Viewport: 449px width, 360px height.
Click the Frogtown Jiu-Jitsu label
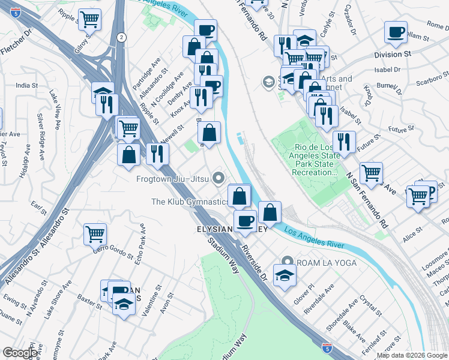pos(172,178)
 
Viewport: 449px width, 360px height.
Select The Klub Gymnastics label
pos(188,202)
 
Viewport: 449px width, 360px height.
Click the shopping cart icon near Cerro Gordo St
pos(95,234)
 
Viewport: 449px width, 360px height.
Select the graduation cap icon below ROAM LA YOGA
pos(285,275)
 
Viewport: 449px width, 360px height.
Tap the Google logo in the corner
pos(20,353)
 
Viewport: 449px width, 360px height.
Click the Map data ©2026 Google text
pos(412,355)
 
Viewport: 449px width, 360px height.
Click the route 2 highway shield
pos(121,37)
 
